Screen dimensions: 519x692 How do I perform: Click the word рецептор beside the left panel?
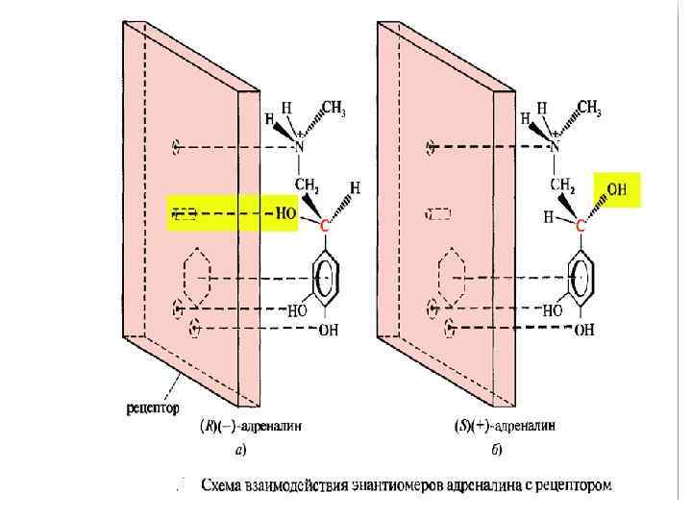(x=153, y=408)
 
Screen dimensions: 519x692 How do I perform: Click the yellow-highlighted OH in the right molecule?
(x=616, y=190)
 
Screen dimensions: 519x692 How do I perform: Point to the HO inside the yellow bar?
(x=285, y=213)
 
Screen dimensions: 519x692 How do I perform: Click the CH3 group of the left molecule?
(x=333, y=110)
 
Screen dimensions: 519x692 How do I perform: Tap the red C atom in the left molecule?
(x=324, y=227)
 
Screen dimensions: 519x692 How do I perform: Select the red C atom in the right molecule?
(x=580, y=227)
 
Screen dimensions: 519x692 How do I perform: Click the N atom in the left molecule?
(x=299, y=147)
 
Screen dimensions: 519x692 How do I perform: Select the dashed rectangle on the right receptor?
(x=438, y=214)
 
